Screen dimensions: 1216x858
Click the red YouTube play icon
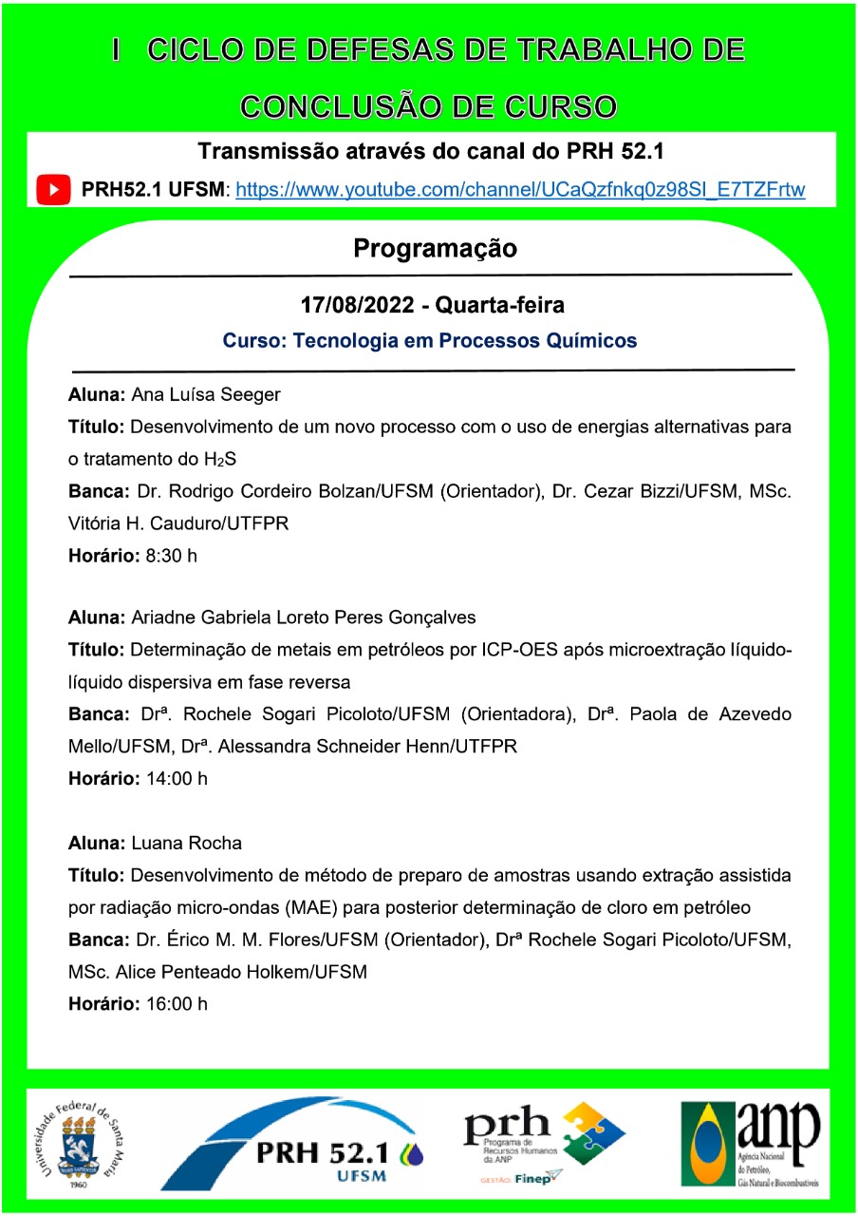[54, 190]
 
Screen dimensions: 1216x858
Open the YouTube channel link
[520, 190]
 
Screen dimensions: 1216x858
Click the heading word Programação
[435, 249]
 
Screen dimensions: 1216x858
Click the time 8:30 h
[171, 556]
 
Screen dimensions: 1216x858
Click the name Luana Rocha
[186, 843]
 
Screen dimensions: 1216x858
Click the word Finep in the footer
[533, 1179]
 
